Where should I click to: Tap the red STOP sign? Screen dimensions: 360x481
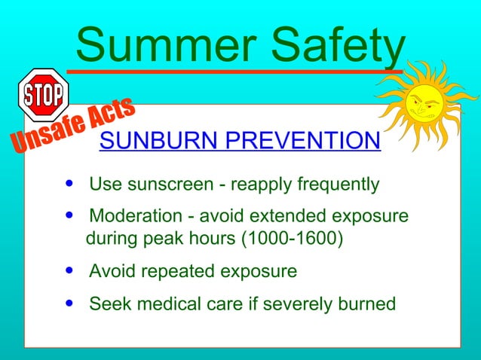43,94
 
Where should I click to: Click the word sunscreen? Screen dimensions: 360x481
159,185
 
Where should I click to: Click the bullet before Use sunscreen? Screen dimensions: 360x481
70,184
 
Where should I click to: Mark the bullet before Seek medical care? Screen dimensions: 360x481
70,304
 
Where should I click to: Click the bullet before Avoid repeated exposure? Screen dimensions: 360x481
70,270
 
